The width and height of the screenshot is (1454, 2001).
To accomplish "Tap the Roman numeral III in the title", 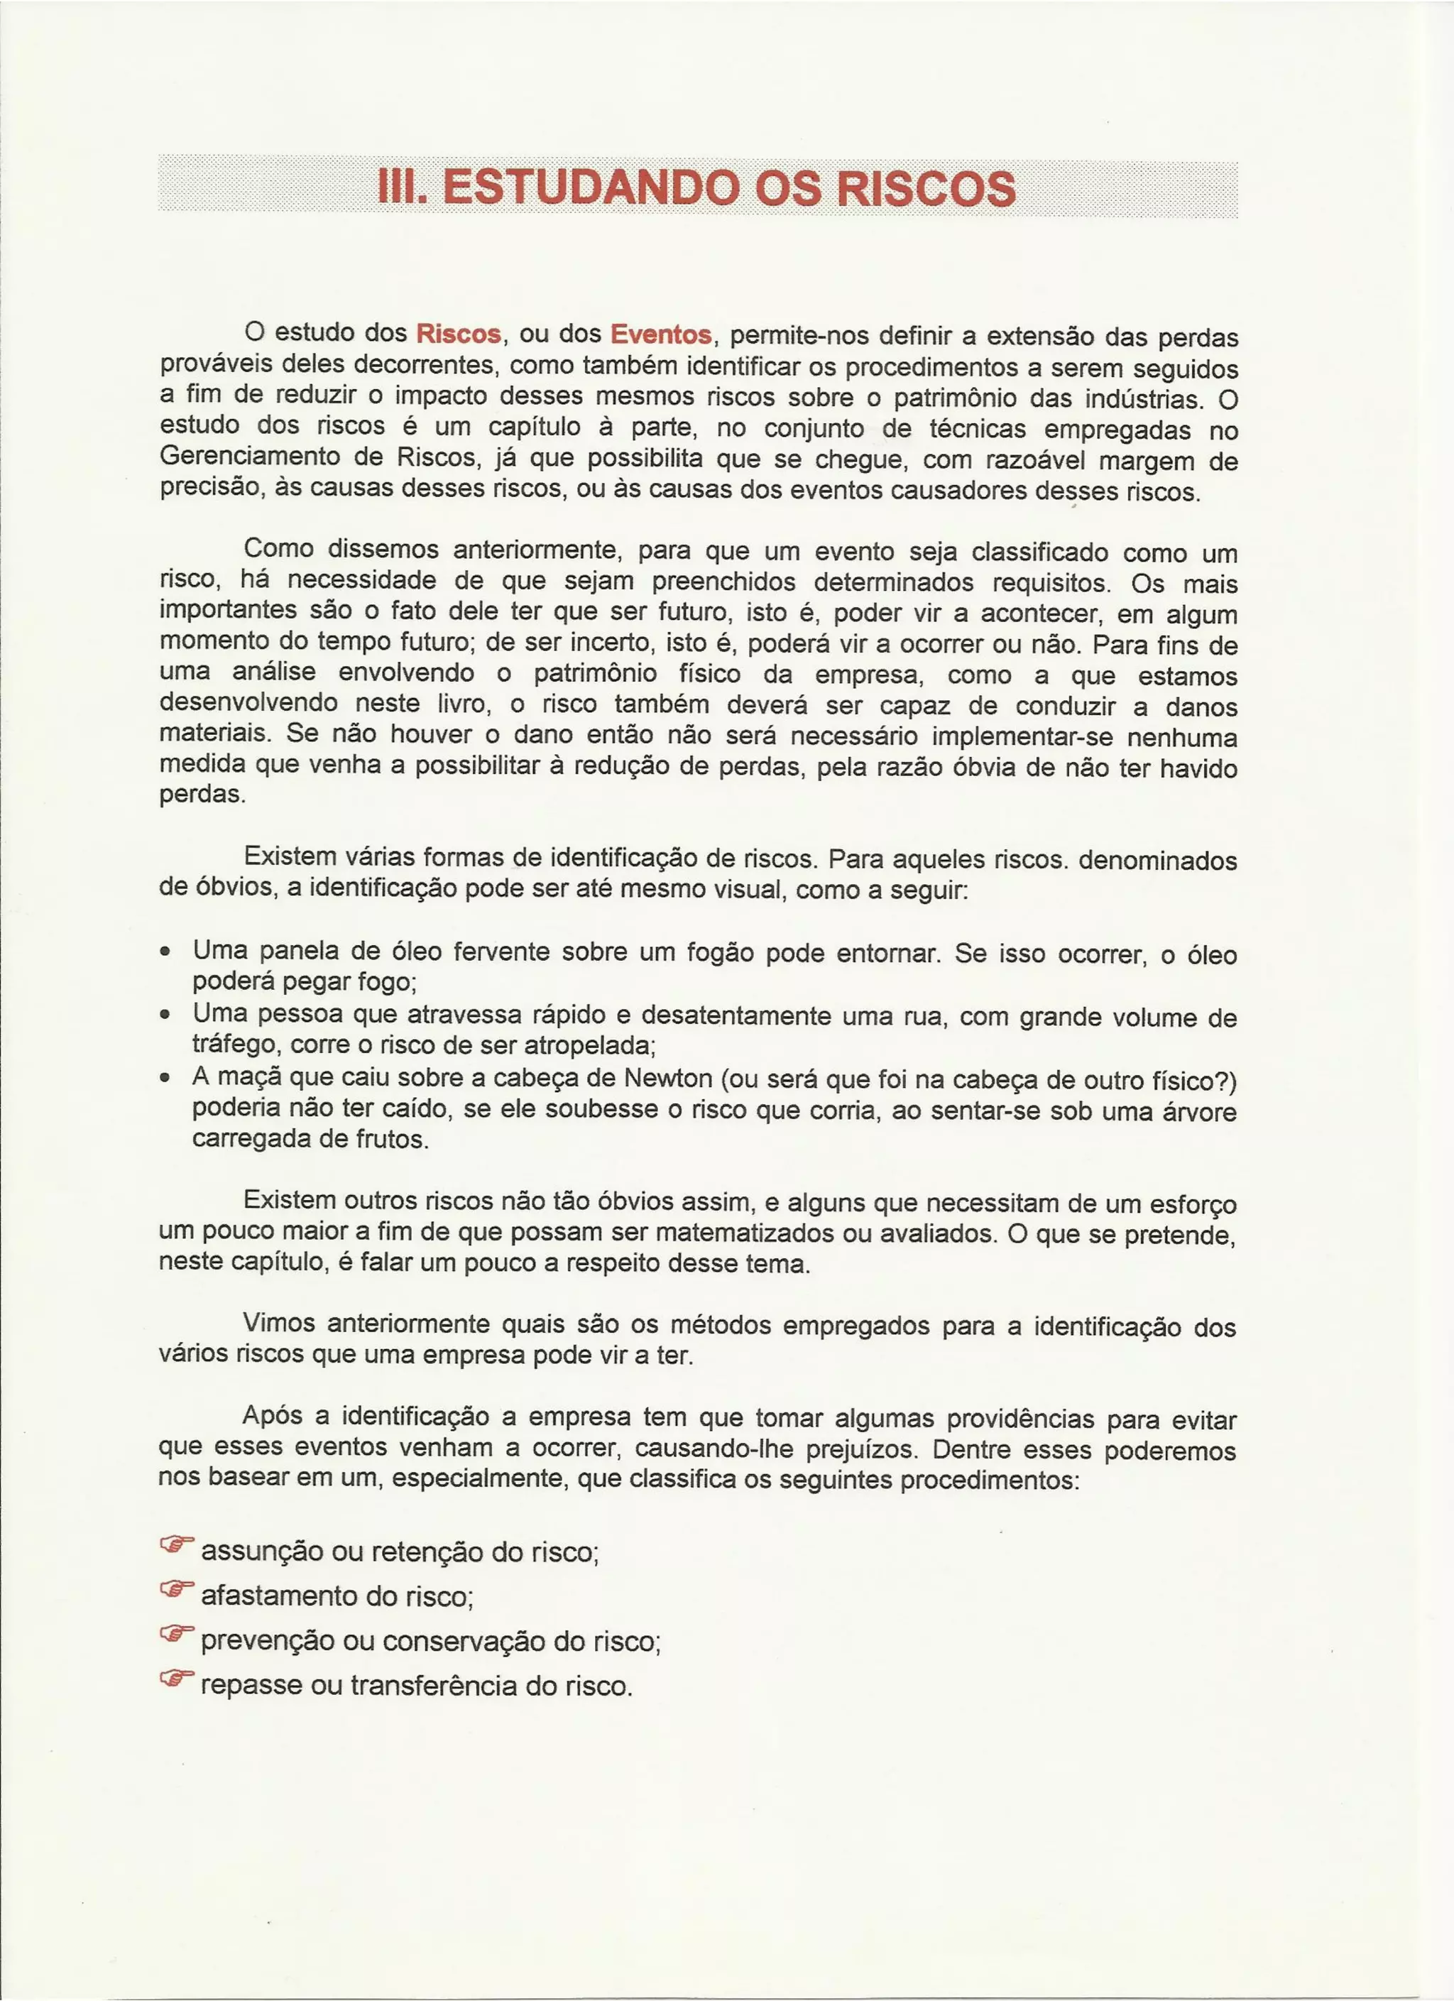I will coord(400,188).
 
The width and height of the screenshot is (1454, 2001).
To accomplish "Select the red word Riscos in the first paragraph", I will coord(459,334).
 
